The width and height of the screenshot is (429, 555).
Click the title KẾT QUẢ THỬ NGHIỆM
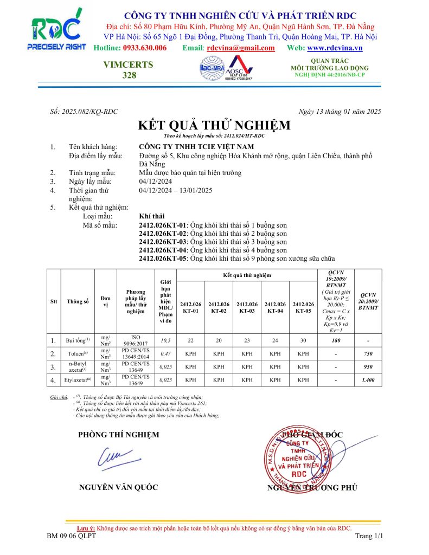[x=214, y=126]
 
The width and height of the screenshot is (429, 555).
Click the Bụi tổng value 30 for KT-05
[x=303, y=340]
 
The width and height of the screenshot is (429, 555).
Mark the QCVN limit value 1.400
[x=369, y=380]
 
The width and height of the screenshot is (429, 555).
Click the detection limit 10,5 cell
[x=165, y=340]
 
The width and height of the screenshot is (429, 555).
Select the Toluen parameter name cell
[x=78, y=353]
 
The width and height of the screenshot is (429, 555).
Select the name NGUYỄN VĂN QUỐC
[x=119, y=487]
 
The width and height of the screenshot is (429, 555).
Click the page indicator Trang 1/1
[x=369, y=536]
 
